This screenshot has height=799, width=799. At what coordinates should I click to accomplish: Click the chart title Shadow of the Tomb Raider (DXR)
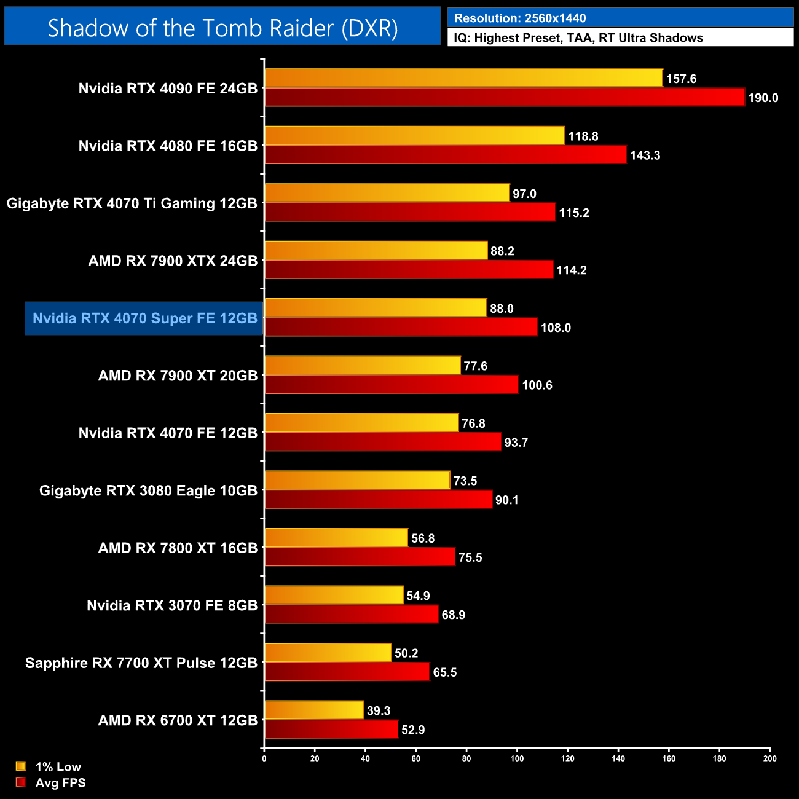point(222,28)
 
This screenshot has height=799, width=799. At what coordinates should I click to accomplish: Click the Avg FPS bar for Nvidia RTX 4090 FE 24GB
point(504,98)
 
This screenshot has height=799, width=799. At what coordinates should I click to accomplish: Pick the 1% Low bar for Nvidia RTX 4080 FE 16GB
point(414,136)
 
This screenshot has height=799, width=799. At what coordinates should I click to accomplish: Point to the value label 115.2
point(574,213)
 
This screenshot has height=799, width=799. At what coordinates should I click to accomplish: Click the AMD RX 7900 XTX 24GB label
point(173,261)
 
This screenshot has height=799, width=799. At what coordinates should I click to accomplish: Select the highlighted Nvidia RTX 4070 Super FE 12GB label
point(144,318)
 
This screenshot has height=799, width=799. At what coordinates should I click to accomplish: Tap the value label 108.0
point(556,328)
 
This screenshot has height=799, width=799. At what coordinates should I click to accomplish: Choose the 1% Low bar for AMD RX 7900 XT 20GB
point(362,366)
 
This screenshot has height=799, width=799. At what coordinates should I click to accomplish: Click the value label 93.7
point(516,443)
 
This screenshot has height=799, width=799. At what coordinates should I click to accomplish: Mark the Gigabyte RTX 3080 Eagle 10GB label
point(148,491)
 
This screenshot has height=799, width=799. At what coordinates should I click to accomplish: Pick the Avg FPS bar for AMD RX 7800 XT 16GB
point(360,557)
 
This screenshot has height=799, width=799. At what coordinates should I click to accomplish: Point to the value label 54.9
point(418,596)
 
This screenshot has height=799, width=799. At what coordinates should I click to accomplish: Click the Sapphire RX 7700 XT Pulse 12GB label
point(141,663)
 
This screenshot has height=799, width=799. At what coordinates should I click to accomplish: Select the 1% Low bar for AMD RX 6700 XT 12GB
point(314,710)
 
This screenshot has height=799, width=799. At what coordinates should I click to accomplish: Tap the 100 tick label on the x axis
point(517,758)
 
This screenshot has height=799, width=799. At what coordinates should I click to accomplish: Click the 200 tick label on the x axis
point(769,758)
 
